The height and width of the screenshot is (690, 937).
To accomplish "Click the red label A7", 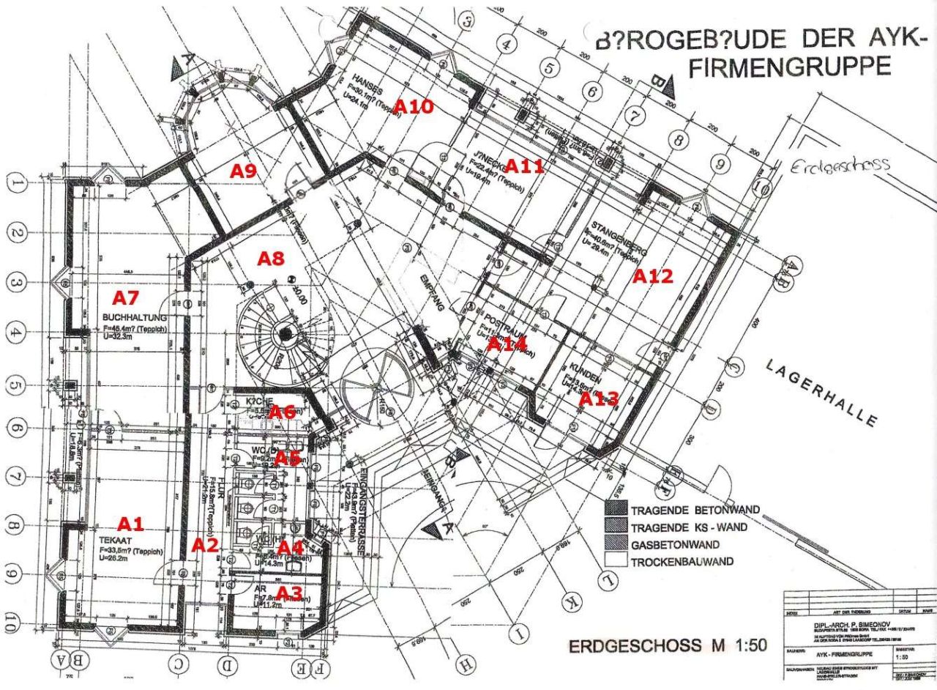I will (125, 297).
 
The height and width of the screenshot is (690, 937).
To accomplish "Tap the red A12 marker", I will (652, 276).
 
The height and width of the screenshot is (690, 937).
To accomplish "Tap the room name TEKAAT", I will (113, 541).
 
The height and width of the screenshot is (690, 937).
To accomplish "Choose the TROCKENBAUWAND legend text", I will (684, 563).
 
